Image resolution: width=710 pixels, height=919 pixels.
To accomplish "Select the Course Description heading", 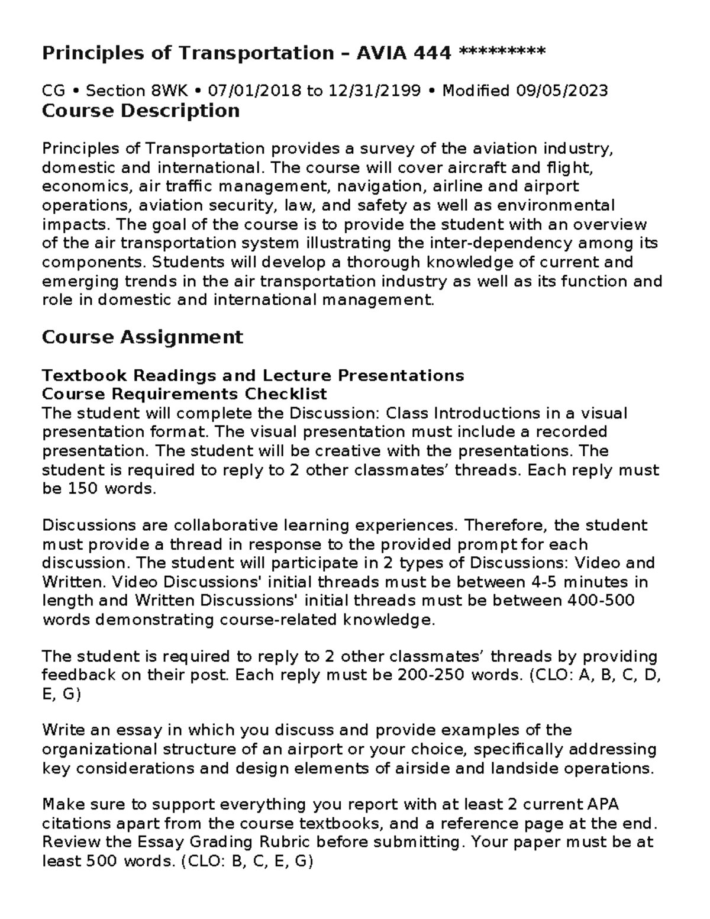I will coord(141,111).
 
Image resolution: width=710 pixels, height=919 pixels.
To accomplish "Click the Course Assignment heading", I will coord(142,337).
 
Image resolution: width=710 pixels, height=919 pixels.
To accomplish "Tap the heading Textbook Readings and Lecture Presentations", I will coord(253,375).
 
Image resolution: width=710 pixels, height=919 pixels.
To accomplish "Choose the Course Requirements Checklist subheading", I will coord(185,394).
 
